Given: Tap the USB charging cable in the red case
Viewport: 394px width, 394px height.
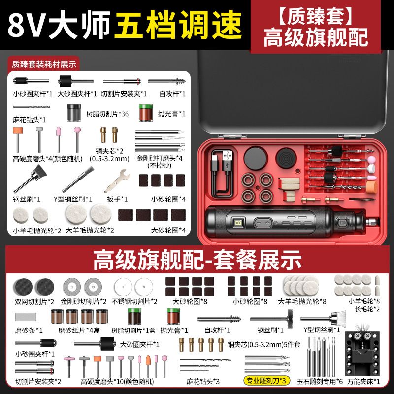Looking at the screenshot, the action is coord(222,173).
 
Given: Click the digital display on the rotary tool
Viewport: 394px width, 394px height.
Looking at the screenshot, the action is coord(238,223).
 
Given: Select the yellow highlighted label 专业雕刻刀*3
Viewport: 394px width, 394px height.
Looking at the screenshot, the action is coord(266,381).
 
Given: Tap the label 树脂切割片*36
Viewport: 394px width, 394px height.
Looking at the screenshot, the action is coord(107,114).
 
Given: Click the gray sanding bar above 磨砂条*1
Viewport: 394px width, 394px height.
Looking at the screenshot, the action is coord(26,317).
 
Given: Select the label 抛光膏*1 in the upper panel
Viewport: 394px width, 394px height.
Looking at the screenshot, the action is coord(171,114).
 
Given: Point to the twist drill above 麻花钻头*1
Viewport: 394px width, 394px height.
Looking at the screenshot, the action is coord(32,107).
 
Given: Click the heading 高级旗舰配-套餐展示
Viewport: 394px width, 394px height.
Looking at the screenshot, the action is coord(197,260).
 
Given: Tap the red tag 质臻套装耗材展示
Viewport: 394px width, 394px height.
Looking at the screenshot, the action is coord(44,65).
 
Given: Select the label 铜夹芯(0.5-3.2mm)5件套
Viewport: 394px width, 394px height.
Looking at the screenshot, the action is coord(264,344).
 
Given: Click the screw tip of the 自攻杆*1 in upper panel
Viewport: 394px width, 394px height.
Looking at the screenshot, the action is coord(181,81).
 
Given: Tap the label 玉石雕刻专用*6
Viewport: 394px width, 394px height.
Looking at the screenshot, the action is coord(320,381).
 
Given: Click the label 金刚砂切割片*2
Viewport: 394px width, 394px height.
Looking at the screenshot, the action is coord(84,301).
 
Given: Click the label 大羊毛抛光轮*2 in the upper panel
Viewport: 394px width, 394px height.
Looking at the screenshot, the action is coord(90,230).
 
